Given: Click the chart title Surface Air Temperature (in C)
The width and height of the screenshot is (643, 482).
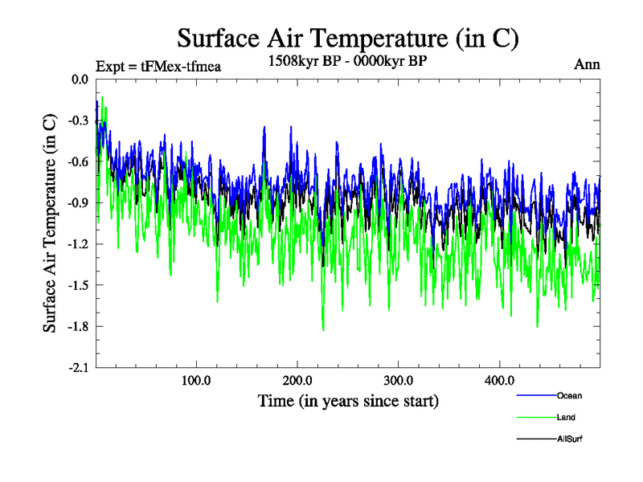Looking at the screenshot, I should click(348, 38).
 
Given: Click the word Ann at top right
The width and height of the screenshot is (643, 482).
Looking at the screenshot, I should click(587, 65).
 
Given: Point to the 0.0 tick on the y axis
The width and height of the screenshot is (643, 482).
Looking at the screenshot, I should click(80, 80).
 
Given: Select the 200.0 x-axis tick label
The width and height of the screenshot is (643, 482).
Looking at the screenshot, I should click(297, 380).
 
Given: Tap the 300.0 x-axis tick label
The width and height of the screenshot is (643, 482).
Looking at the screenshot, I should click(399, 380).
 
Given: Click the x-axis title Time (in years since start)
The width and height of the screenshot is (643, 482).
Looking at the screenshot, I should click(348, 400).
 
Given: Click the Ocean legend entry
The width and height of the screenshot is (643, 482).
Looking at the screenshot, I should click(569, 395).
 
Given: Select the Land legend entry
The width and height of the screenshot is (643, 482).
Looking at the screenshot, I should click(566, 417).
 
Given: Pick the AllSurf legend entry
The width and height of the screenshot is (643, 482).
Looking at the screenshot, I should click(569, 439).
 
